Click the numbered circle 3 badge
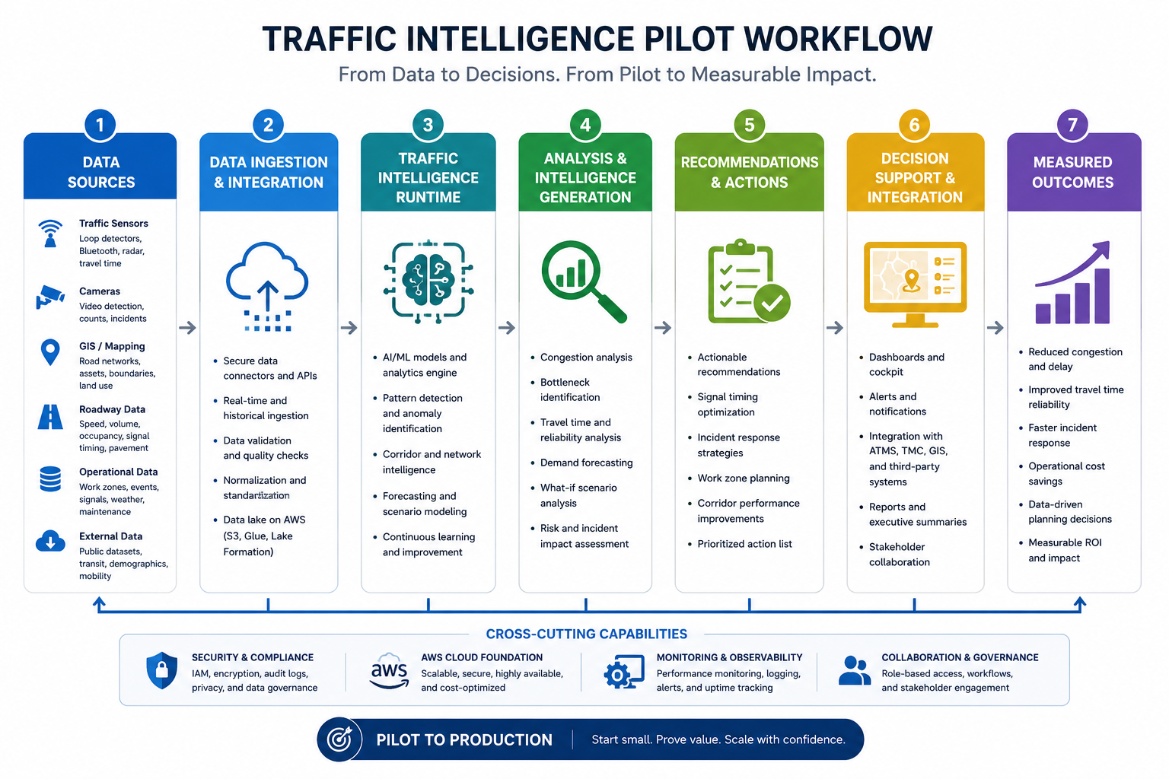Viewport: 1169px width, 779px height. point(428,126)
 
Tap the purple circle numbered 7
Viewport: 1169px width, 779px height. point(1072,126)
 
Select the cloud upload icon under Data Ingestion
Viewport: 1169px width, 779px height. point(267,287)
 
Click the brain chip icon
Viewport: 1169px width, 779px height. point(428,281)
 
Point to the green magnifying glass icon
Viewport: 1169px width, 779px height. point(584,281)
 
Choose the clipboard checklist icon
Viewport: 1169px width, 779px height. point(748,281)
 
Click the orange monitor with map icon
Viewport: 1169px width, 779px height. point(915,285)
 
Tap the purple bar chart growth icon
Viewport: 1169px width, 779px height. point(1072,282)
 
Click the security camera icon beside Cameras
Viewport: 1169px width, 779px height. point(50,297)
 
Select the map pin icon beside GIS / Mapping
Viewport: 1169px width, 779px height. point(50,353)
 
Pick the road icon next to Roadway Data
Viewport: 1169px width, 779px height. point(50,417)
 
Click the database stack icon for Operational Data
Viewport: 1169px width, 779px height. point(50,479)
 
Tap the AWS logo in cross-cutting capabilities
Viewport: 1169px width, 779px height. point(389,671)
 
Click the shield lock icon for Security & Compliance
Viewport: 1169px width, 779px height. point(162,670)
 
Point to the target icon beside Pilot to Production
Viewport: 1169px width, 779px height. point(339,739)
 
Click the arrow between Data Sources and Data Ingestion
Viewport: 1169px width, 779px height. point(187,328)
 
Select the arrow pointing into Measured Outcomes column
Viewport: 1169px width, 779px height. point(995,328)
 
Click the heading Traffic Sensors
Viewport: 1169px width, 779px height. point(113,224)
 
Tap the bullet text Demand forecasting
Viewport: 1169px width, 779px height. point(586,463)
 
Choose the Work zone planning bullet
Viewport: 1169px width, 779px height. point(743,479)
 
